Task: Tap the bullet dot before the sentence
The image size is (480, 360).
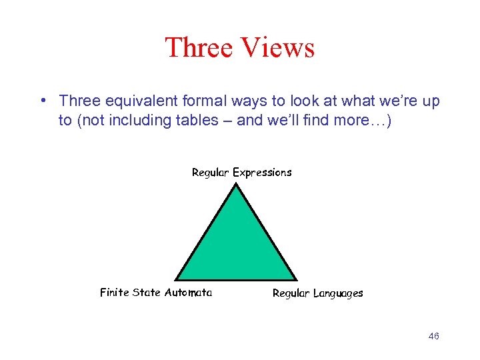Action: [42, 101]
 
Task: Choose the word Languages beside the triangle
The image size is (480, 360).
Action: [338, 293]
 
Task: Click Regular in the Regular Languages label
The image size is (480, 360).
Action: [291, 293]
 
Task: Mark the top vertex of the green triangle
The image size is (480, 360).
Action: [237, 184]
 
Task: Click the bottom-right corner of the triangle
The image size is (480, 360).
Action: [296, 279]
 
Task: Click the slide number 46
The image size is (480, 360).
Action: [433, 337]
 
